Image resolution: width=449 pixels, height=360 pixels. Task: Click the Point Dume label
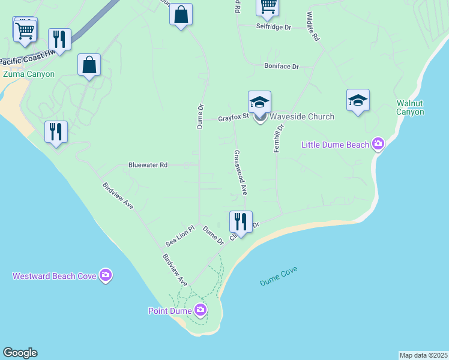click(x=170, y=311)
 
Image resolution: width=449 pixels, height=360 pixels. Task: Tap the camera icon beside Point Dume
click(x=200, y=310)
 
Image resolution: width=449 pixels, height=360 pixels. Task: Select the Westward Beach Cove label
click(x=53, y=276)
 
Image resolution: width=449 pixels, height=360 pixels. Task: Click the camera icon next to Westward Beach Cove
click(x=106, y=275)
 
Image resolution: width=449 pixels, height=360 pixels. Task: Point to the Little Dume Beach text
click(x=334, y=144)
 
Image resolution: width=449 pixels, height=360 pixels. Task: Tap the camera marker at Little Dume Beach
click(x=378, y=143)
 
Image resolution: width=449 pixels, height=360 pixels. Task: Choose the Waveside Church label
click(x=301, y=116)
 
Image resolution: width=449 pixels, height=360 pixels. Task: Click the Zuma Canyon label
click(x=28, y=74)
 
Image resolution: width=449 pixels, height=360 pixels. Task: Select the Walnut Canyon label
click(x=411, y=107)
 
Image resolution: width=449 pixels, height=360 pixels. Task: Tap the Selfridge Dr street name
click(x=273, y=27)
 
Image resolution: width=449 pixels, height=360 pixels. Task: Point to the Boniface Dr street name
click(x=282, y=67)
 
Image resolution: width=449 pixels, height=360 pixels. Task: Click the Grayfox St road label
click(x=233, y=118)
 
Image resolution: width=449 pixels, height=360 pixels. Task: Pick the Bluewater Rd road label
click(x=148, y=164)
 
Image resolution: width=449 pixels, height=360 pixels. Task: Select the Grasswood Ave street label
click(x=240, y=172)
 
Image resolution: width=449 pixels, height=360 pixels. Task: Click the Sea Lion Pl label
click(x=181, y=236)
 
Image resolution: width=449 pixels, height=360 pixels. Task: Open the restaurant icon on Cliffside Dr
click(x=241, y=221)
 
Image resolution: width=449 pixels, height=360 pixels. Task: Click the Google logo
click(x=20, y=353)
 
